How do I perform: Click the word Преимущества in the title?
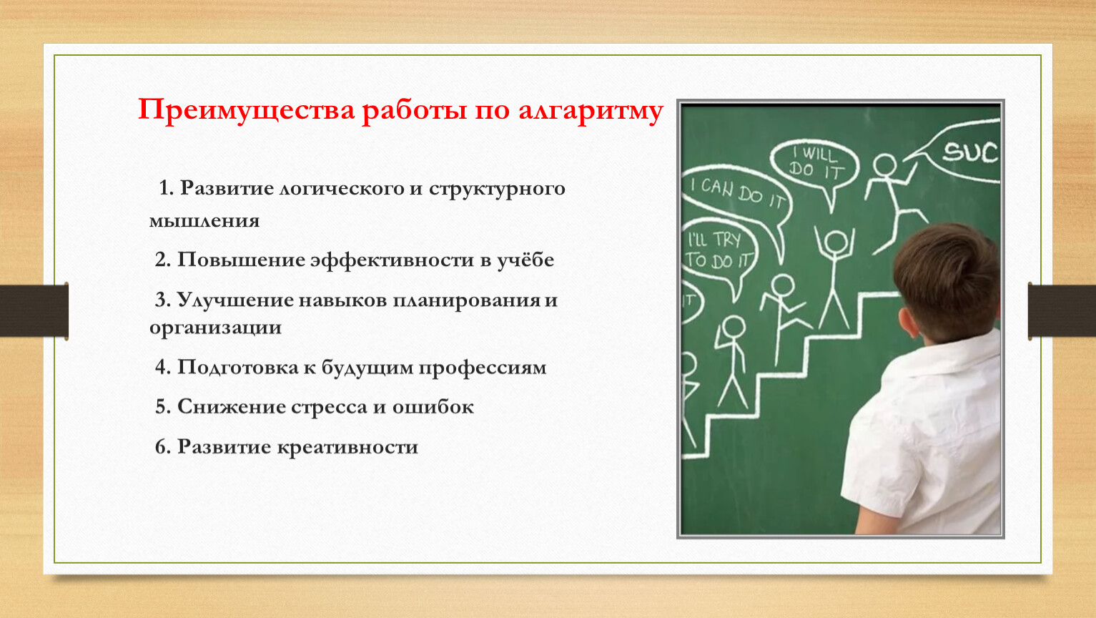(246, 110)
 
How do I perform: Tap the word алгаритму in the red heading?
(591, 112)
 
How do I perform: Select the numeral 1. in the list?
(167, 188)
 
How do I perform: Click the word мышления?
(204, 221)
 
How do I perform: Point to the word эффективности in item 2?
(392, 260)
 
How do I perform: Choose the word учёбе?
(526, 260)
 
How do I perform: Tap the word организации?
(216, 328)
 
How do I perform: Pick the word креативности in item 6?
(348, 447)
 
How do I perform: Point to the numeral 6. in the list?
(163, 447)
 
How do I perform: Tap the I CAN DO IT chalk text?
(738, 193)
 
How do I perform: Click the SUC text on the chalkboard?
(969, 152)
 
